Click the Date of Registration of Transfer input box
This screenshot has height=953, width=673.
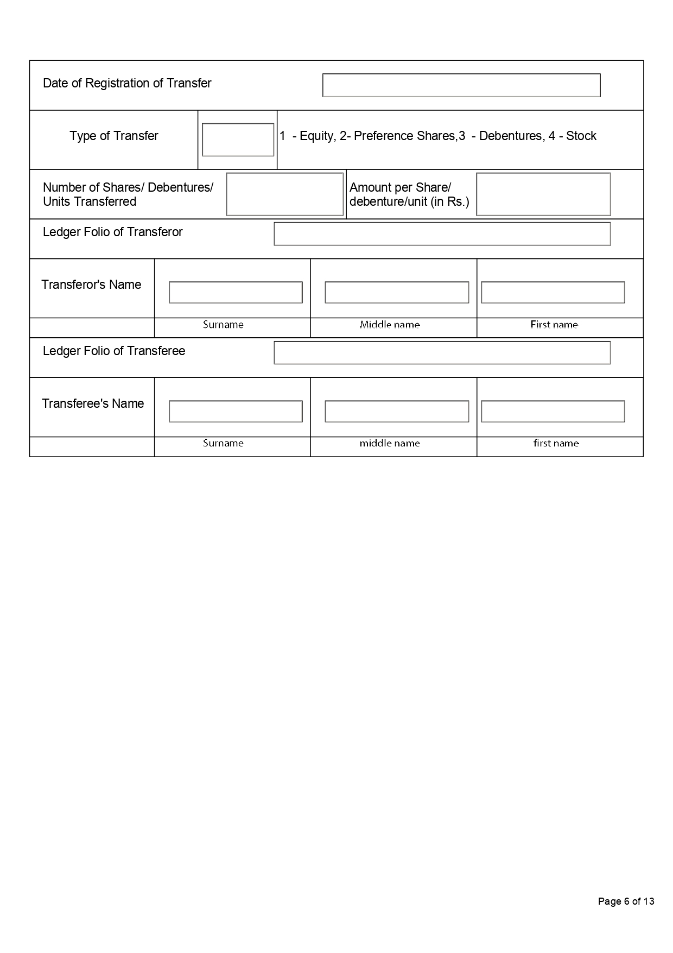[461, 85]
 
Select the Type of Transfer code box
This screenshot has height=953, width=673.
[238, 140]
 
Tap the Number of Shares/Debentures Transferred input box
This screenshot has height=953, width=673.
[284, 194]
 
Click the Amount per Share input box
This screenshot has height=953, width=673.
[543, 194]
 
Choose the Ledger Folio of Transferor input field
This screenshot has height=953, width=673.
[442, 234]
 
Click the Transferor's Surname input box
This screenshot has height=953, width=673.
[236, 292]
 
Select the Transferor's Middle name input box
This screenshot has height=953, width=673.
[397, 292]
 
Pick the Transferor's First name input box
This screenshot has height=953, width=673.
[553, 292]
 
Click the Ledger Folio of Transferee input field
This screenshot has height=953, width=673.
[442, 353]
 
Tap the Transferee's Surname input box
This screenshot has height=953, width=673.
[236, 411]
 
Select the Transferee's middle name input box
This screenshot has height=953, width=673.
[397, 411]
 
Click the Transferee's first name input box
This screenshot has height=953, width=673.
[553, 411]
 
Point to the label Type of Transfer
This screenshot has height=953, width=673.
[114, 136]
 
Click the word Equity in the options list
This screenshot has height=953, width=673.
[317, 136]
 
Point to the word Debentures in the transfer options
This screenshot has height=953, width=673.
[511, 136]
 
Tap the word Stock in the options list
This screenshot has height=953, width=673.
[581, 136]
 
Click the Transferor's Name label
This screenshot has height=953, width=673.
[91, 285]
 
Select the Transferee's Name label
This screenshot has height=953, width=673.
[93, 403]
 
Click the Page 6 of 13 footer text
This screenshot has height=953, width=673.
[626, 901]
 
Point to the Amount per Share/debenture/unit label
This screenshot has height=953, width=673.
[409, 194]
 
